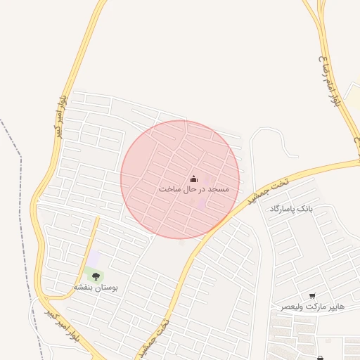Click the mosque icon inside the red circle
(x=194, y=179)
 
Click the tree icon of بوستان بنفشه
(x=96, y=276)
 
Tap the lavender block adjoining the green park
(x=93, y=258)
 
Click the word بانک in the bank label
(x=304, y=210)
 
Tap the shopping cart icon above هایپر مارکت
(x=312, y=296)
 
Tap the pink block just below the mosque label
(x=201, y=204)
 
